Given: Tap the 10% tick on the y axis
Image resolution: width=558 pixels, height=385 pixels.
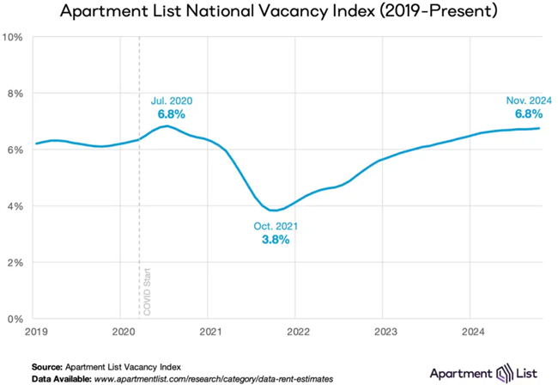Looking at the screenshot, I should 15,37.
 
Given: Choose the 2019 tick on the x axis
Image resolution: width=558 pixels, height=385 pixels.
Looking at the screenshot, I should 36,331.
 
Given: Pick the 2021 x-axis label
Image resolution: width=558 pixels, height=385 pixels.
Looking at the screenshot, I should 211,331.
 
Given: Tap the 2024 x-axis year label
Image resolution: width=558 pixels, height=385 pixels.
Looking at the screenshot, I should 473,331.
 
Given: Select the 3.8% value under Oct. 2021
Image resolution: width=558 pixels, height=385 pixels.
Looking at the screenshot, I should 276,240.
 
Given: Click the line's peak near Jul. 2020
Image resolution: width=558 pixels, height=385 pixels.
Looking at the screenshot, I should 170,126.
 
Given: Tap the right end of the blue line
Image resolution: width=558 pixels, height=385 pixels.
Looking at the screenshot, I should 539,129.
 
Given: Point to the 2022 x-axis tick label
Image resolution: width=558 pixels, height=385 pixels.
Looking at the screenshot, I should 298,331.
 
